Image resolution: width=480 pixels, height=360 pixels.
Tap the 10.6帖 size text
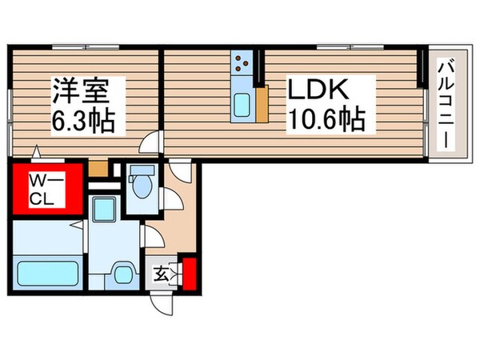pos(325,121)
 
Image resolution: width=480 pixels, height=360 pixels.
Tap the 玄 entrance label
pos(160,275)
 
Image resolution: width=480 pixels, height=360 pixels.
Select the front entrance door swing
pos(163,300)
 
